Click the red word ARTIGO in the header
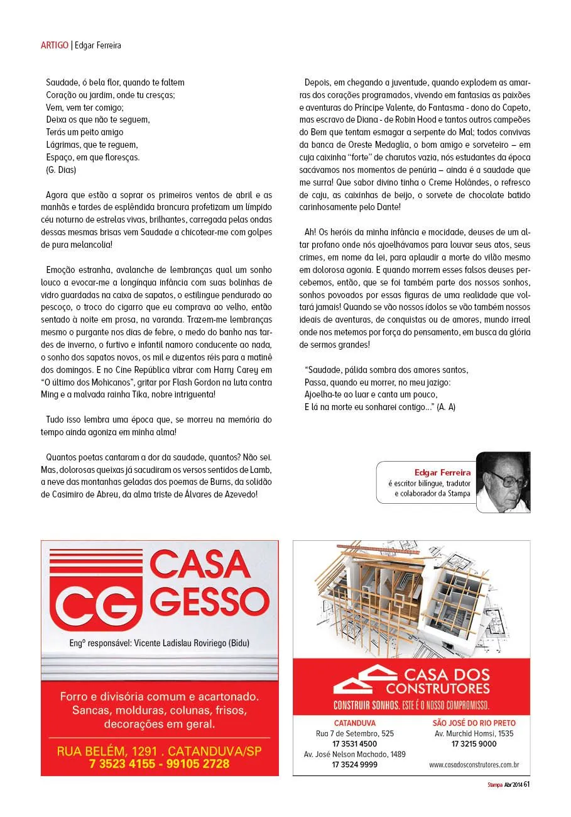point(55,45)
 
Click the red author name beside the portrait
point(442,472)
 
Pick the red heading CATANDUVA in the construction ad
point(354,723)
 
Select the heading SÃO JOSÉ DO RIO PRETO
point(474,723)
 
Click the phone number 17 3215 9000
point(474,743)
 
